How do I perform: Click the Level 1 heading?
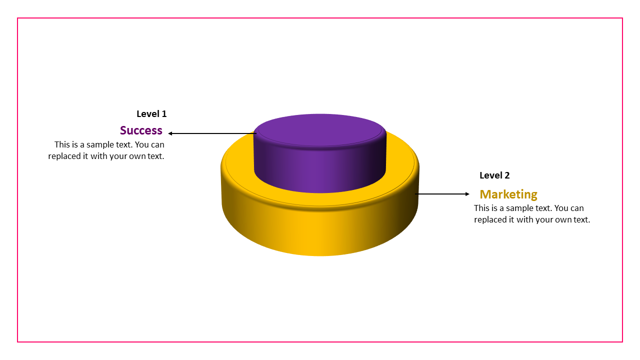click(x=151, y=114)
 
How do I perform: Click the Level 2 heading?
click(x=494, y=175)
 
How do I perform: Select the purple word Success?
click(x=141, y=130)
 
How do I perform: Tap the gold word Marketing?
click(x=508, y=194)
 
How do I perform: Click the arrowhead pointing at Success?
click(x=170, y=133)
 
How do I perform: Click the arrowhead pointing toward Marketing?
click(x=467, y=194)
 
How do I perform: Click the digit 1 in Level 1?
click(x=164, y=114)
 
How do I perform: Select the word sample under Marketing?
click(x=519, y=208)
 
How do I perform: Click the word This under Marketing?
click(x=482, y=208)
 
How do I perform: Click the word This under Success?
click(x=62, y=144)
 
